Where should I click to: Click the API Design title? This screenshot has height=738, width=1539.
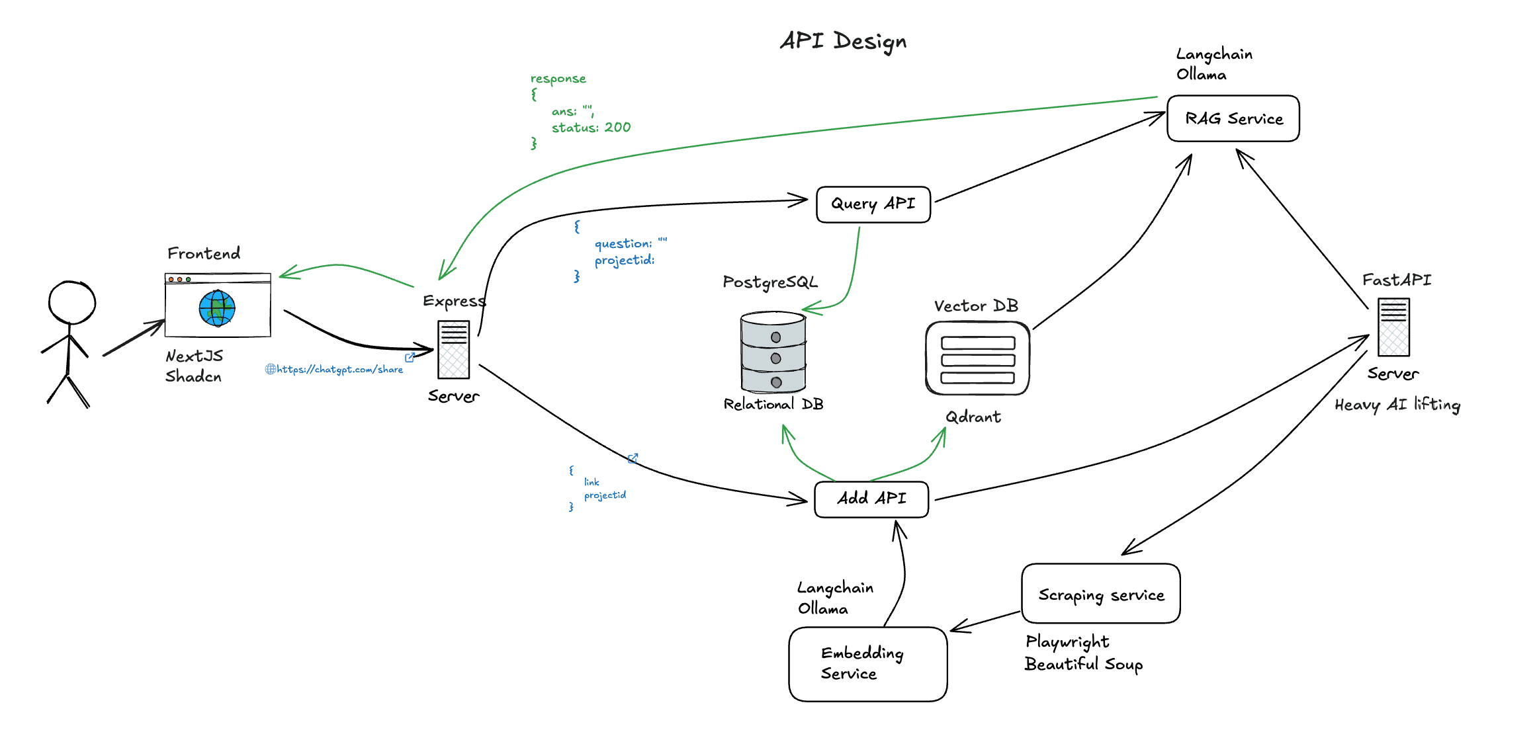pyautogui.click(x=843, y=41)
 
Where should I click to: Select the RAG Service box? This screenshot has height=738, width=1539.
pyautogui.click(x=1233, y=118)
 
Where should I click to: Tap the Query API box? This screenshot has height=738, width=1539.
pyautogui.click(x=873, y=204)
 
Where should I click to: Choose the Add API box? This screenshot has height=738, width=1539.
pyautogui.click(x=871, y=499)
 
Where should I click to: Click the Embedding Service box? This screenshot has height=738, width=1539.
pyautogui.click(x=867, y=664)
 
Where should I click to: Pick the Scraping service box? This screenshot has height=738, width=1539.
pyautogui.click(x=1100, y=594)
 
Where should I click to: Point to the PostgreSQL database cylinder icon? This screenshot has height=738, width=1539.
pyautogui.click(x=773, y=352)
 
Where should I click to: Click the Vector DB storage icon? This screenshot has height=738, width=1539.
pyautogui.click(x=977, y=358)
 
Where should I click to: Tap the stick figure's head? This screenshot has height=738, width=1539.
pyautogui.click(x=71, y=303)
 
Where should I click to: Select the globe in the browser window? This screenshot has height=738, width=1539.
pyautogui.click(x=217, y=308)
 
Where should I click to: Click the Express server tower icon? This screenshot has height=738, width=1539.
pyautogui.click(x=453, y=350)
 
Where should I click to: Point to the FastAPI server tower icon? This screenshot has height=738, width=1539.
pyautogui.click(x=1393, y=327)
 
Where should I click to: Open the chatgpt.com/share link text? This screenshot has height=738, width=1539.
pyautogui.click(x=339, y=370)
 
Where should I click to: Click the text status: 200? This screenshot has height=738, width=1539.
pyautogui.click(x=591, y=128)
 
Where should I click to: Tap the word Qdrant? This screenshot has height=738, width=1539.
pyautogui.click(x=973, y=417)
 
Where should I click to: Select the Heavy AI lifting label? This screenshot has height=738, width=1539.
pyautogui.click(x=1397, y=405)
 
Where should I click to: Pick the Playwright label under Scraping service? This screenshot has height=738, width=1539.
pyautogui.click(x=1067, y=641)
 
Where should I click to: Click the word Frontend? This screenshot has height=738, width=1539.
pyautogui.click(x=204, y=253)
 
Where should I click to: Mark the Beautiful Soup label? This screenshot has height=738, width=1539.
pyautogui.click(x=1083, y=664)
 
